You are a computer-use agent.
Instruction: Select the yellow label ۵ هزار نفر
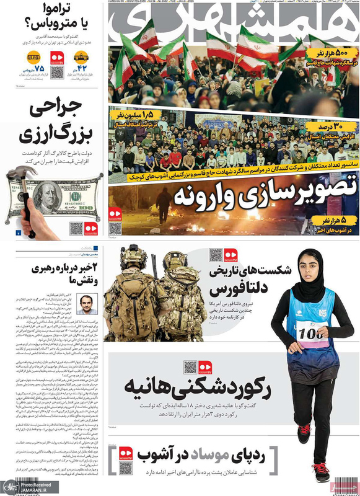pos(335,219)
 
